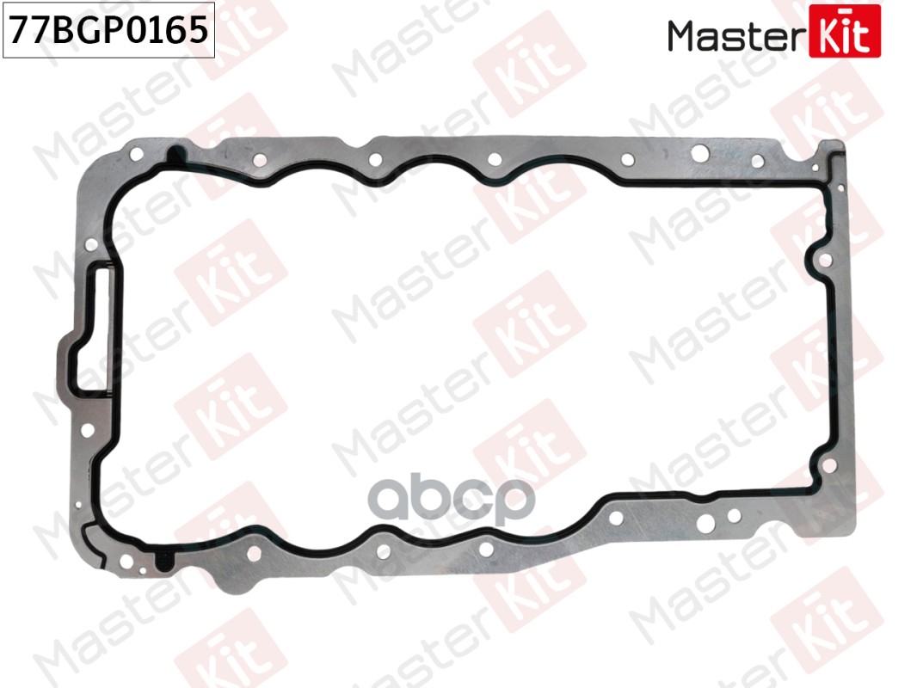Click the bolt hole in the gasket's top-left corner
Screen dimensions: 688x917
pyautogui.click(x=137, y=155)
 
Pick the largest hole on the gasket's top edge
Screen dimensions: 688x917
pyautogui.click(x=700, y=154)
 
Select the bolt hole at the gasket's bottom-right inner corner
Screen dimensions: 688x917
pyautogui.click(x=829, y=465)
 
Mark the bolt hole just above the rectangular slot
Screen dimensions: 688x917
pyautogui.click(x=90, y=245)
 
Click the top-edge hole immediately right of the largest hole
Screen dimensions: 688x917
pyautogui.click(x=757, y=161)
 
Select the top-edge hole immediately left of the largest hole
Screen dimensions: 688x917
pyautogui.click(x=625, y=158)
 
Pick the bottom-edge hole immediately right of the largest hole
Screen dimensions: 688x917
pyautogui.click(x=734, y=516)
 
